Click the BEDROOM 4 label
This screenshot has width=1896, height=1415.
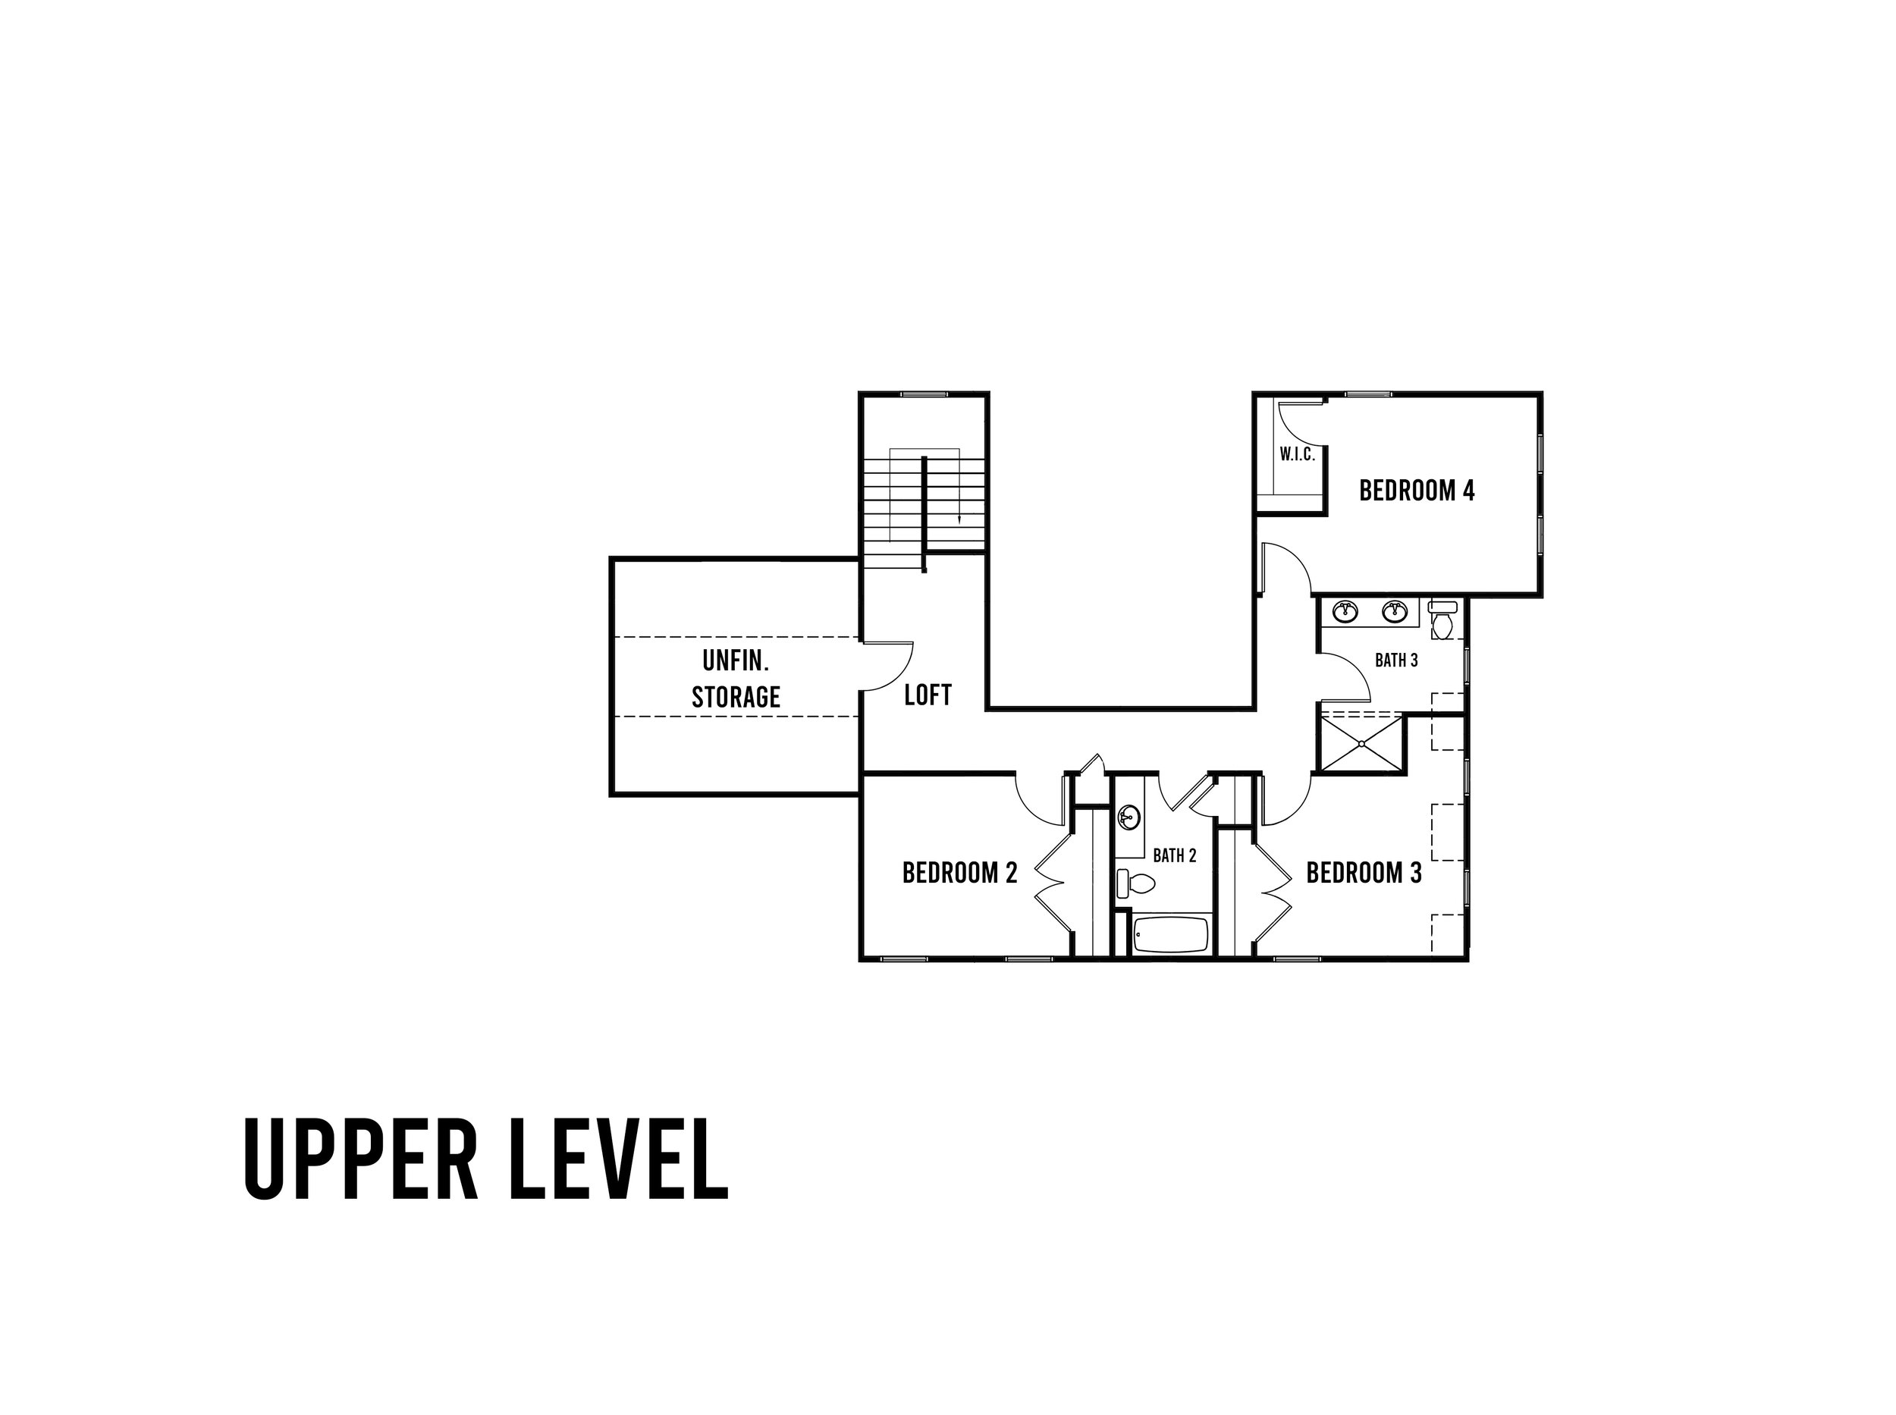point(1416,491)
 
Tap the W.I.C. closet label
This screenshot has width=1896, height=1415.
point(1297,455)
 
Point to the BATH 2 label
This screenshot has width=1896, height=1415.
point(1174,855)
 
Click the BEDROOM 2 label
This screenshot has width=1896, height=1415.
point(959,873)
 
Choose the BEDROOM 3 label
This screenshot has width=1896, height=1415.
point(1364,873)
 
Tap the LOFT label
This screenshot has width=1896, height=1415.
point(928,695)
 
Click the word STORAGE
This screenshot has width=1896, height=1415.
point(736,697)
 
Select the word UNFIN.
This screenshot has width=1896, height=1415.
point(736,660)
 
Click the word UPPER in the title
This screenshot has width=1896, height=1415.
point(359,1158)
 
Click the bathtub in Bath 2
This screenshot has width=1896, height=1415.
point(1170,934)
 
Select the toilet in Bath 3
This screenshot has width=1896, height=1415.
point(1442,620)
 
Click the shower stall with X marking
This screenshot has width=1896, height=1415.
point(1361,743)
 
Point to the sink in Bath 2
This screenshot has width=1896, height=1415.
point(1128,818)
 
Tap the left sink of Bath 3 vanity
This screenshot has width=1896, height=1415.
point(1346,611)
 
